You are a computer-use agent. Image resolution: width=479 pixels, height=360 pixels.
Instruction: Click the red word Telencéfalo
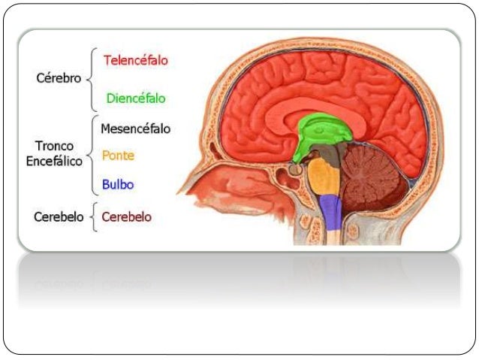[x=136, y=60]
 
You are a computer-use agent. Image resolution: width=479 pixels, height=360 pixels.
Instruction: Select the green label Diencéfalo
[x=136, y=98]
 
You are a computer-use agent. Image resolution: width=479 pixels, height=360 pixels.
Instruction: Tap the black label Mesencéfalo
[x=135, y=129]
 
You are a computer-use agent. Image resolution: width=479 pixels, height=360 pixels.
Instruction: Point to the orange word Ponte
[x=118, y=156]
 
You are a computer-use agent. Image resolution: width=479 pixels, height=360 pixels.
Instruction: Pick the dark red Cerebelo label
[x=126, y=217]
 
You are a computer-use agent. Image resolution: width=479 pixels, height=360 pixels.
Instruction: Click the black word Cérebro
[x=59, y=78]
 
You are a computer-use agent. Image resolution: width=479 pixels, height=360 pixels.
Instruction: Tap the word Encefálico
[x=54, y=161]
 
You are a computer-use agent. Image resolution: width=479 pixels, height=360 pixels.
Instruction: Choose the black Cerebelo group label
[x=57, y=217]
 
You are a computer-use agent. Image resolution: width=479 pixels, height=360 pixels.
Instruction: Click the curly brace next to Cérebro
[x=92, y=78]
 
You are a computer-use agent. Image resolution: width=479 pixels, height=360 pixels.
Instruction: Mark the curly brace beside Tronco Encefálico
[x=92, y=155]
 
